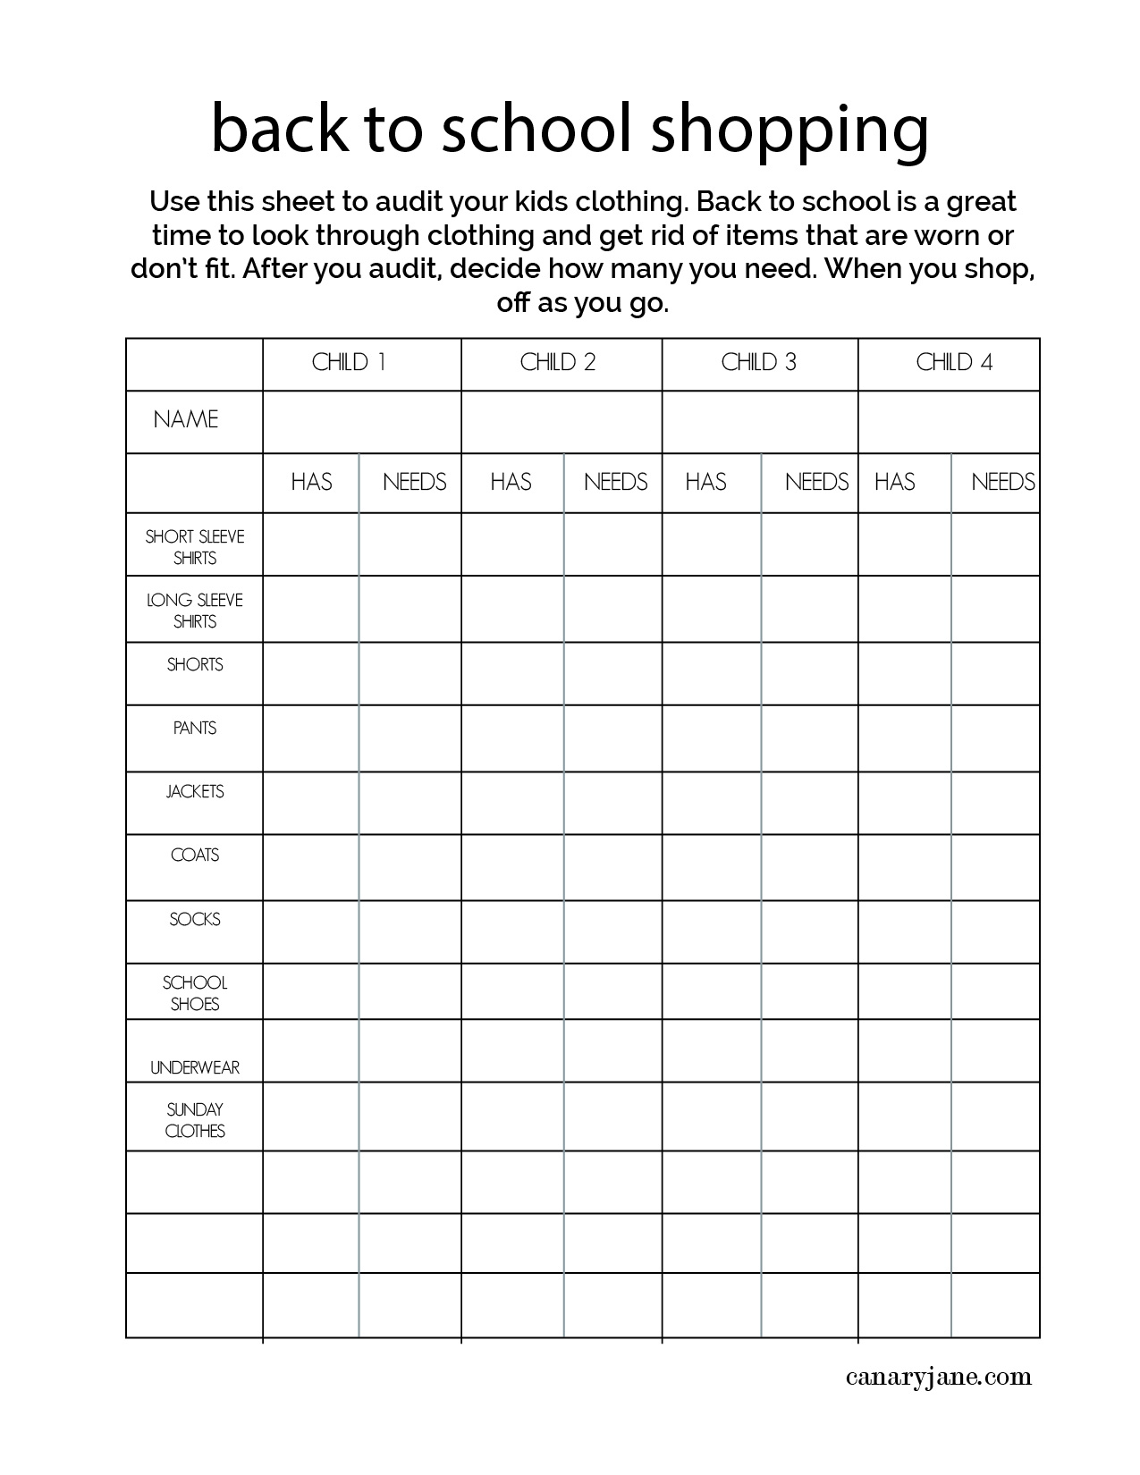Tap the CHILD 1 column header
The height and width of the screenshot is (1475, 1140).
[x=349, y=363]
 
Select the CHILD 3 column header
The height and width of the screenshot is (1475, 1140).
[x=758, y=363]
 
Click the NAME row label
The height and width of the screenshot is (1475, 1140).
[x=186, y=420]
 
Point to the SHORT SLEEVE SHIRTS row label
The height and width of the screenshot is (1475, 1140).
[x=195, y=547]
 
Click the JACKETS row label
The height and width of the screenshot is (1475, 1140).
[x=195, y=792]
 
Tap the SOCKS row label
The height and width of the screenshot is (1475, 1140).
[x=195, y=920]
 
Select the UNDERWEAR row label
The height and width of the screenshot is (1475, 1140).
[x=195, y=1067]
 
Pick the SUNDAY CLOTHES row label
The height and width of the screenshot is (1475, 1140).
[x=195, y=1120]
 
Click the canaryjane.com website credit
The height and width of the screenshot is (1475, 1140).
[x=938, y=1378]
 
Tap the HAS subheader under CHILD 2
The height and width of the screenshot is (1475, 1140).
[x=511, y=483]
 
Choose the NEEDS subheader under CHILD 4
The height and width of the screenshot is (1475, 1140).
[x=1002, y=483]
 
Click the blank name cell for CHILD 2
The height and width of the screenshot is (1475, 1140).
[x=562, y=422]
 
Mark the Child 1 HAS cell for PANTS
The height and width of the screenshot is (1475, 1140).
[x=311, y=738]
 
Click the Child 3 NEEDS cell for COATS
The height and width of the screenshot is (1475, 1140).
[x=810, y=867]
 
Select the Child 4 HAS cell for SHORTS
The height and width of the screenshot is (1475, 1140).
[x=905, y=673]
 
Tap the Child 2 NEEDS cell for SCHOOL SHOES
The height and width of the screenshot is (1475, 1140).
[x=613, y=991]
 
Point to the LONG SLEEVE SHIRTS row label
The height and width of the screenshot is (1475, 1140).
[x=195, y=611]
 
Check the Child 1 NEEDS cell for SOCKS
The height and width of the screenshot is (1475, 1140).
[x=410, y=931]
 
